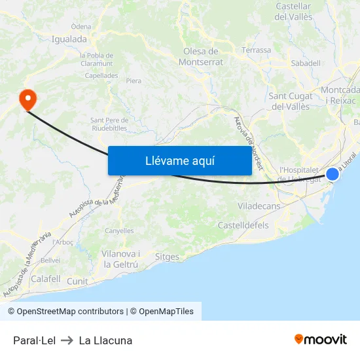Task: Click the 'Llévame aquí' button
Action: click(179, 160)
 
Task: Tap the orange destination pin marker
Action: click(28, 99)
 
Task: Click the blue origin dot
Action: click(333, 174)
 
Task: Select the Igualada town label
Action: click(69, 39)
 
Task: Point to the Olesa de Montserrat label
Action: click(201, 57)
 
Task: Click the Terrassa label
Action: click(256, 50)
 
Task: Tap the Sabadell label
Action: click(306, 63)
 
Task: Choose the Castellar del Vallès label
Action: click(294, 11)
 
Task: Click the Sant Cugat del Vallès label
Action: click(290, 101)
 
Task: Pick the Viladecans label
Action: click(259, 206)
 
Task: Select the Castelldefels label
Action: click(242, 225)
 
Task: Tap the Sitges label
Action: click(167, 257)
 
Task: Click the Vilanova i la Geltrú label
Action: click(120, 259)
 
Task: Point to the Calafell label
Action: click(46, 279)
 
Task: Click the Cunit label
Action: click(77, 280)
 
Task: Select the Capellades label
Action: click(101, 75)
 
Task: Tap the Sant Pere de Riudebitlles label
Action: click(109, 124)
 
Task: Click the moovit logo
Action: click(321, 340)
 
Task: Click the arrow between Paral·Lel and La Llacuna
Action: click(67, 340)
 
